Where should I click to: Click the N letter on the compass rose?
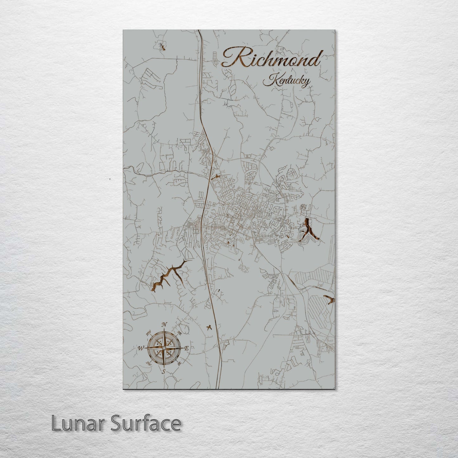tap(164, 325)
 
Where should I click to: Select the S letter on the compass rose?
tap(164, 371)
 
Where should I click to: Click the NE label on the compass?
tap(179, 333)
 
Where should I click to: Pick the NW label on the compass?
tap(148, 333)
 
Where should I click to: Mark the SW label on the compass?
tap(148, 364)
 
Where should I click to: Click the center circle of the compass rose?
tap(164, 348)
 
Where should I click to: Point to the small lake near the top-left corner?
tap(163, 47)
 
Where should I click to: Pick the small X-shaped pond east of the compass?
tap(209, 327)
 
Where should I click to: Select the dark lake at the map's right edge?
tap(329, 299)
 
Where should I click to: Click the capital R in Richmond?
tap(234, 57)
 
